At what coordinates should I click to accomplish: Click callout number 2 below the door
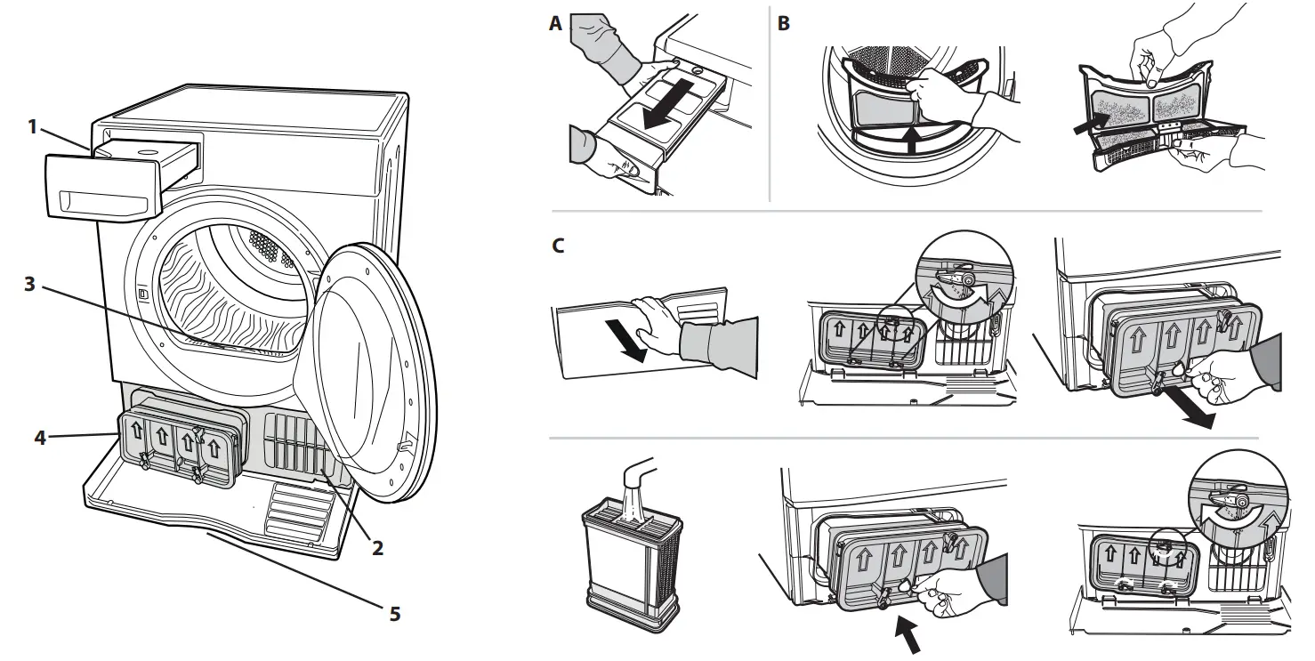[377, 549]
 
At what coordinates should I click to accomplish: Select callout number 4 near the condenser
[40, 437]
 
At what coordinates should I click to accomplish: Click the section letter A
[556, 25]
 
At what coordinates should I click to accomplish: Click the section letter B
[783, 25]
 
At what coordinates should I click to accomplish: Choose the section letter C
[558, 246]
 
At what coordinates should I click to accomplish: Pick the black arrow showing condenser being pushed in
[908, 633]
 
